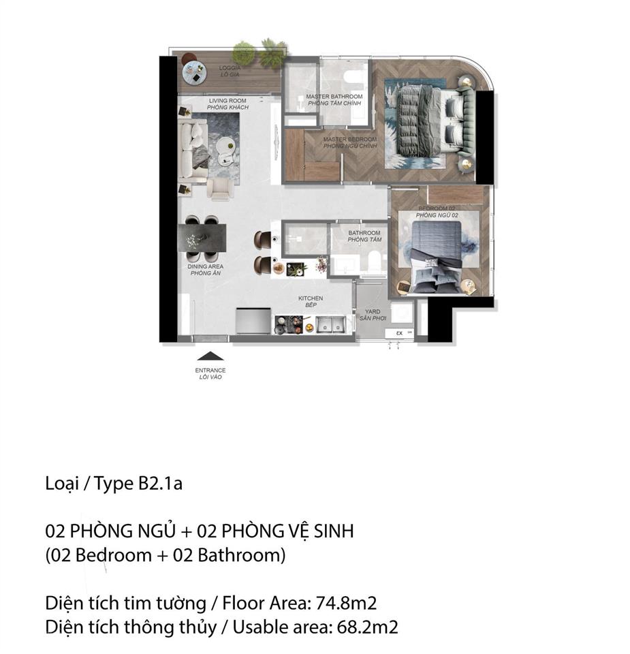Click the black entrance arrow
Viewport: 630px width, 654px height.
(x=210, y=356)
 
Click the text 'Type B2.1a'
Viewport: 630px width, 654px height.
(x=139, y=484)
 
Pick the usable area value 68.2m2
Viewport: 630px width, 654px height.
(x=366, y=627)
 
